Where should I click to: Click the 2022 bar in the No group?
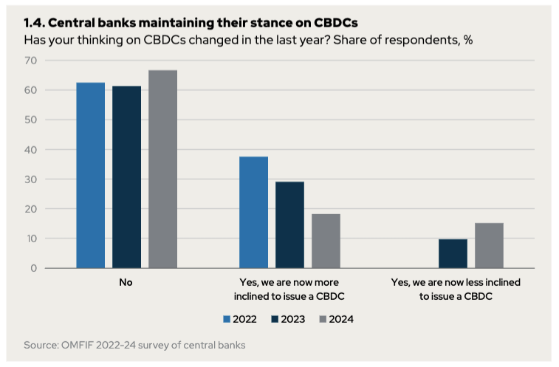[x=90, y=175]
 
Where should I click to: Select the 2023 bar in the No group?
[x=126, y=177]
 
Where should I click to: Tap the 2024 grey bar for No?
[x=162, y=169]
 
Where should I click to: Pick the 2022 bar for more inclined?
[x=253, y=212]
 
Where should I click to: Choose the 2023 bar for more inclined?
[x=289, y=224]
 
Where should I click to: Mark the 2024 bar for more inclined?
[x=326, y=241]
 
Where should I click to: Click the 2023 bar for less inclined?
[x=453, y=253]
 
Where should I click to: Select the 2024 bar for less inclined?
[x=489, y=245]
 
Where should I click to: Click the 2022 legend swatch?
[x=227, y=320]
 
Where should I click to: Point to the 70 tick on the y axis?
[x=30, y=61]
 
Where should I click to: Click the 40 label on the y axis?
[x=30, y=150]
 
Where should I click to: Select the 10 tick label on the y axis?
[x=30, y=239]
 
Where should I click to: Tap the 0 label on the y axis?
[x=33, y=268]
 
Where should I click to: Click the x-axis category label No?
[x=126, y=282]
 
